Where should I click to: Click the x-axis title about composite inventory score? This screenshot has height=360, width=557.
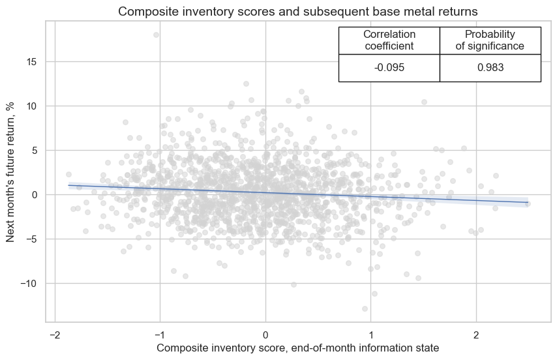click(297, 348)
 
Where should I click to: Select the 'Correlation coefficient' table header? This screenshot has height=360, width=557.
click(389, 40)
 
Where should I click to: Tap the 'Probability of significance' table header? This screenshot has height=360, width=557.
click(490, 40)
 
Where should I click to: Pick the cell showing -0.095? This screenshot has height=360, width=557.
click(389, 68)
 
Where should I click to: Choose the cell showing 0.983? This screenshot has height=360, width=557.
click(490, 68)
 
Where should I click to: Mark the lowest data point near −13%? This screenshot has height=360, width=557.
click(365, 308)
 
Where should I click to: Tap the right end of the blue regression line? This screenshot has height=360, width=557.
click(527, 202)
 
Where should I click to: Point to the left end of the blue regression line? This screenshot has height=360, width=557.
click(68, 185)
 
